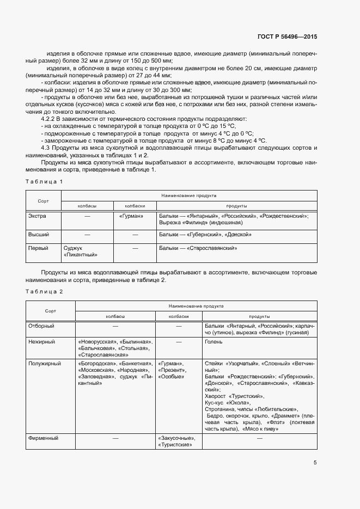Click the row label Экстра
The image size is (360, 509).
pos(37,216)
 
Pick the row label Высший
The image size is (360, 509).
pos(39,234)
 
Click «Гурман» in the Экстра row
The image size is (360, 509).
pos(131,216)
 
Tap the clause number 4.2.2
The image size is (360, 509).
pos(50,118)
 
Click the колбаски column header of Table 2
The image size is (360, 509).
pos(179,315)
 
